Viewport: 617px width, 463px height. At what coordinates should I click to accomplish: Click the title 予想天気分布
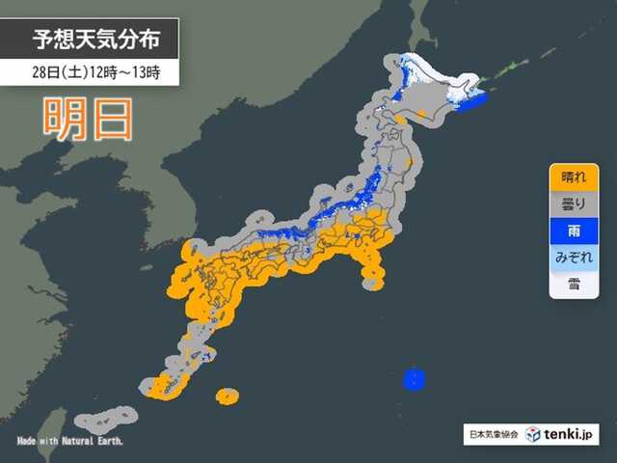(x=104, y=41)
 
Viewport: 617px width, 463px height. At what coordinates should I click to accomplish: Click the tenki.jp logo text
(x=568, y=436)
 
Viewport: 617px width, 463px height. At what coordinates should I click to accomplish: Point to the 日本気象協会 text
(x=492, y=436)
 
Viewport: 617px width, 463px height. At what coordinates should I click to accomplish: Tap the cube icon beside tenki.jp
(x=533, y=435)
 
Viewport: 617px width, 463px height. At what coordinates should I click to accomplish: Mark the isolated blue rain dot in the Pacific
(x=414, y=376)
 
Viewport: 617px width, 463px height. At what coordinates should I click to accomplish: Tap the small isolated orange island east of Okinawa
(x=228, y=395)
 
